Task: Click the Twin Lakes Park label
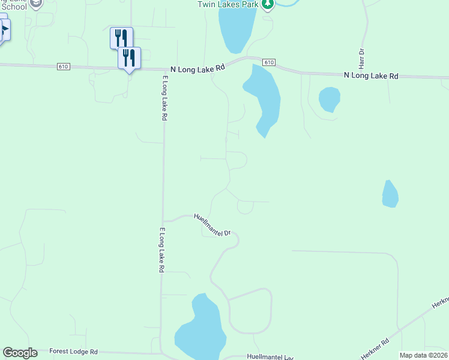[228, 4]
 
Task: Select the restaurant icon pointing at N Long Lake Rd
[129, 59]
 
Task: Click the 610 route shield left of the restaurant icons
[63, 66]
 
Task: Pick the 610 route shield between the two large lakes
[269, 62]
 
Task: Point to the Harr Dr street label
[363, 58]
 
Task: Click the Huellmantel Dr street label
[212, 224]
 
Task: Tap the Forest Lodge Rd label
[73, 351]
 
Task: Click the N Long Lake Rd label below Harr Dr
[371, 76]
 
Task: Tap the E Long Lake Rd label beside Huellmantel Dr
[161, 250]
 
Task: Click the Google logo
[20, 352]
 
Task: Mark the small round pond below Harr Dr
[329, 99]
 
